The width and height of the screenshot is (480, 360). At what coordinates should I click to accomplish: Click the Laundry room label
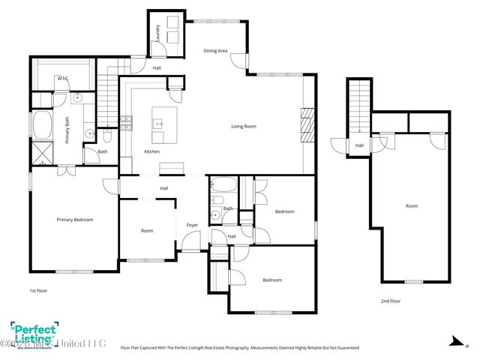[x=158, y=34]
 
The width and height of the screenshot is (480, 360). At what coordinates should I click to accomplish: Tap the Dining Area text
[x=215, y=51]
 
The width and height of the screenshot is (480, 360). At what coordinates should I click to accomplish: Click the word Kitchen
[x=151, y=152]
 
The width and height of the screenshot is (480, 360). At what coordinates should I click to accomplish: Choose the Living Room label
[x=243, y=127]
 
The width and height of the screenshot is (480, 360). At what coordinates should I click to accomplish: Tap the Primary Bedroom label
[x=75, y=220]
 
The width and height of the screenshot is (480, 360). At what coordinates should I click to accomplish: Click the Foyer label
[x=192, y=224]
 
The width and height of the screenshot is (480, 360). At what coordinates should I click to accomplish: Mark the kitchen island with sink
[x=164, y=125]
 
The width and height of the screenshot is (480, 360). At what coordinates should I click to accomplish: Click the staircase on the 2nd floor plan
[x=358, y=105]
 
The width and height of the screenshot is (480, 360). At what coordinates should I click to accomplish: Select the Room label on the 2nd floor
[x=412, y=205]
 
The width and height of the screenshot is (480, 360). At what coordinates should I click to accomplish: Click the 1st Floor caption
[x=38, y=289]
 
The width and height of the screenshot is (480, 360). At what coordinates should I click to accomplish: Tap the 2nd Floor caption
[x=390, y=301]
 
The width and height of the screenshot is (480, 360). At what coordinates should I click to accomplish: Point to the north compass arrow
[x=453, y=340]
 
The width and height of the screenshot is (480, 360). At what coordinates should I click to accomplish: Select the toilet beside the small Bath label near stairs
[x=108, y=137]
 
